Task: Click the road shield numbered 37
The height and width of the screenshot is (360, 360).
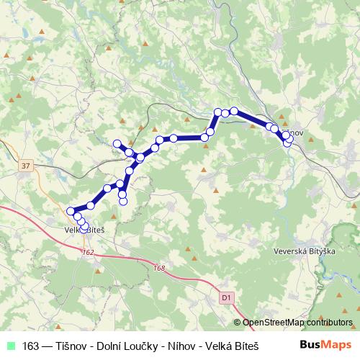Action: (27, 166)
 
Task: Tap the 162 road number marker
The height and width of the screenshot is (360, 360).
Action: (88, 252)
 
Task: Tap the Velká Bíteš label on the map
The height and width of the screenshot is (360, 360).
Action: (85, 230)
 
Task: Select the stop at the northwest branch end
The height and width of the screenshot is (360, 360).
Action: (117, 143)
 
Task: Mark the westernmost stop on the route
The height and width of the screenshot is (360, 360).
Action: (71, 212)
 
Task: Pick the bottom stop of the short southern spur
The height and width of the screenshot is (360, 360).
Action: (122, 202)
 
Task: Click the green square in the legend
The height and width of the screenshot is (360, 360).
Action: (10, 344)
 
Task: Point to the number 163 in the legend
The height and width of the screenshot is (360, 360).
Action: (32, 344)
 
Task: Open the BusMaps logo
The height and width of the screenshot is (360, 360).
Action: (327, 344)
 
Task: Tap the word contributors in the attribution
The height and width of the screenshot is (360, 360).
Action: (330, 323)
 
